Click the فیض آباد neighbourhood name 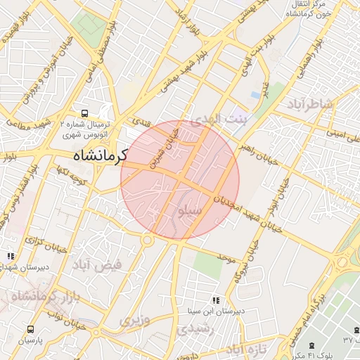96,265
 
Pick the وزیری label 134,321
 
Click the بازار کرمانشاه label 43,297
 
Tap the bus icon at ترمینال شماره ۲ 84,112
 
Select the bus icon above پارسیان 30,328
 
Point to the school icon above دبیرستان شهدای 10,257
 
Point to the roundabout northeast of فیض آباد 148,240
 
